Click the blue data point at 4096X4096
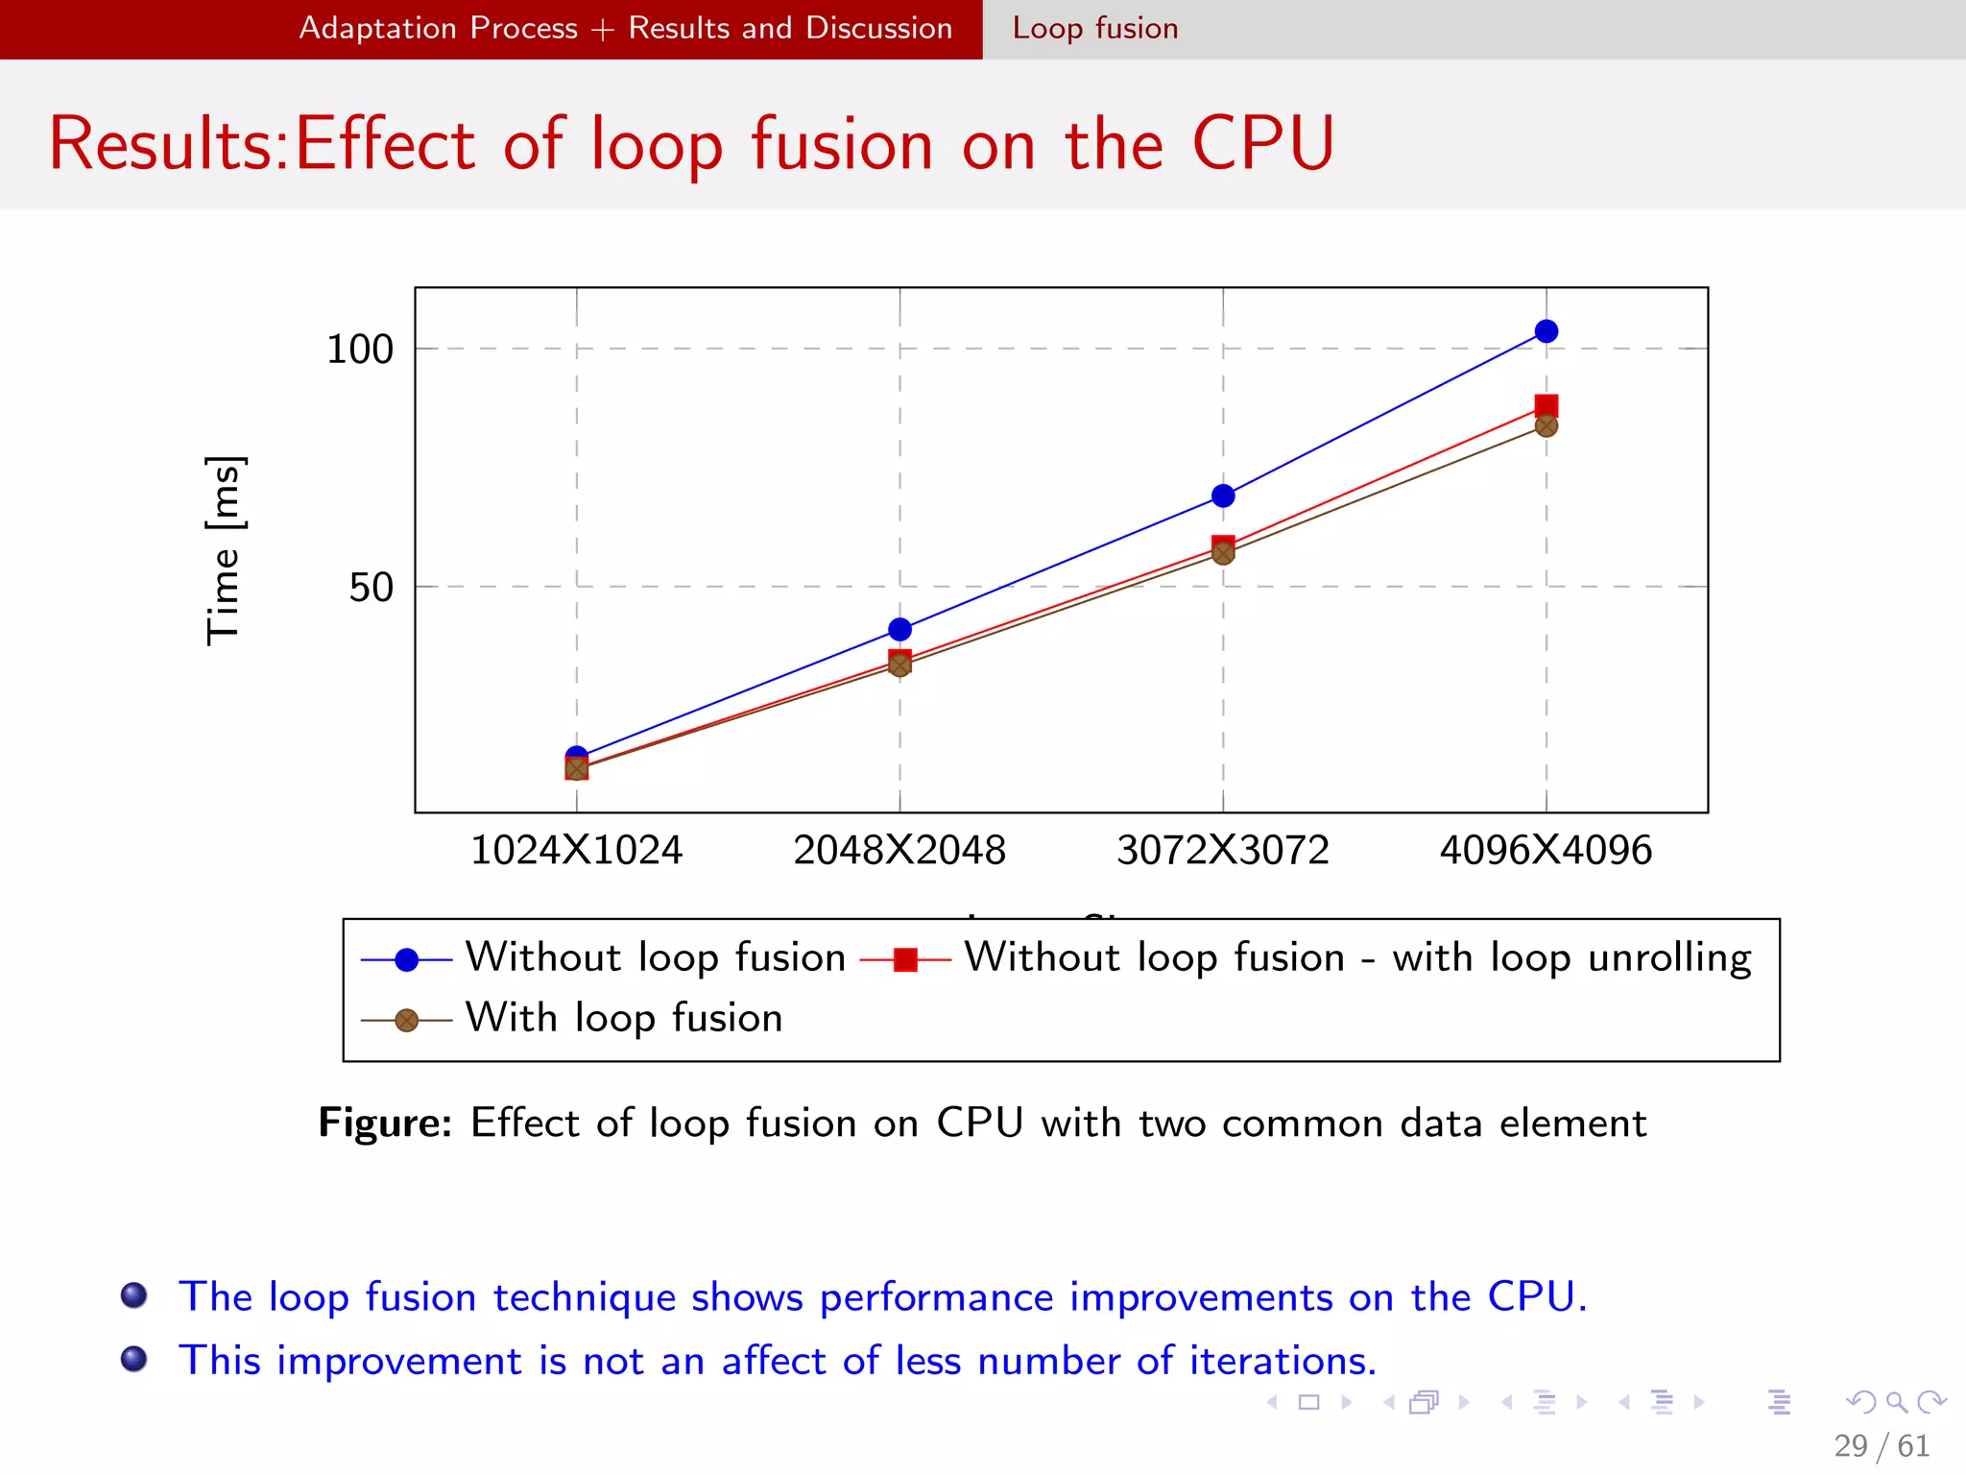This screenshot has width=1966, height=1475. (1546, 331)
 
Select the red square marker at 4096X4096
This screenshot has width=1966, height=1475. (1546, 405)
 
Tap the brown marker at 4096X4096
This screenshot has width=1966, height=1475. (1546, 426)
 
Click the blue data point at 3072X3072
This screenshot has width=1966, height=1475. (1223, 496)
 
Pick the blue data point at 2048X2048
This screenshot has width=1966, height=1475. (899, 629)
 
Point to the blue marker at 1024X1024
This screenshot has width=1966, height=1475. (576, 756)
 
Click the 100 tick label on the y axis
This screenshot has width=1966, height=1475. (360, 350)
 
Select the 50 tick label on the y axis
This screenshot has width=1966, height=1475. (371, 587)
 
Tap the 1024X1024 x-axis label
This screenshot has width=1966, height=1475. (576, 850)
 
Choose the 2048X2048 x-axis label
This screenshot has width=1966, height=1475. (899, 850)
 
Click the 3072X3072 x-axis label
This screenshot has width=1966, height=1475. (1223, 850)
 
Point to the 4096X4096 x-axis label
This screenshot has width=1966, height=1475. (1546, 850)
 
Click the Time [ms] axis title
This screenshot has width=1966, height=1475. (225, 550)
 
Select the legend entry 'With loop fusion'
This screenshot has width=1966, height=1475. (624, 1018)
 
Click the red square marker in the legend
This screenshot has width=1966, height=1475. (905, 959)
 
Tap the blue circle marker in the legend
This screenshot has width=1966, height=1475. (406, 959)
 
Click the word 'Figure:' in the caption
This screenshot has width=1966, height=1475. (385, 1123)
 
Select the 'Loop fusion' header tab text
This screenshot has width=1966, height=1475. (1095, 28)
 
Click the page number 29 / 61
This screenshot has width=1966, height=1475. (1882, 1445)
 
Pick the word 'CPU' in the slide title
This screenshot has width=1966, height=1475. (1262, 144)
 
